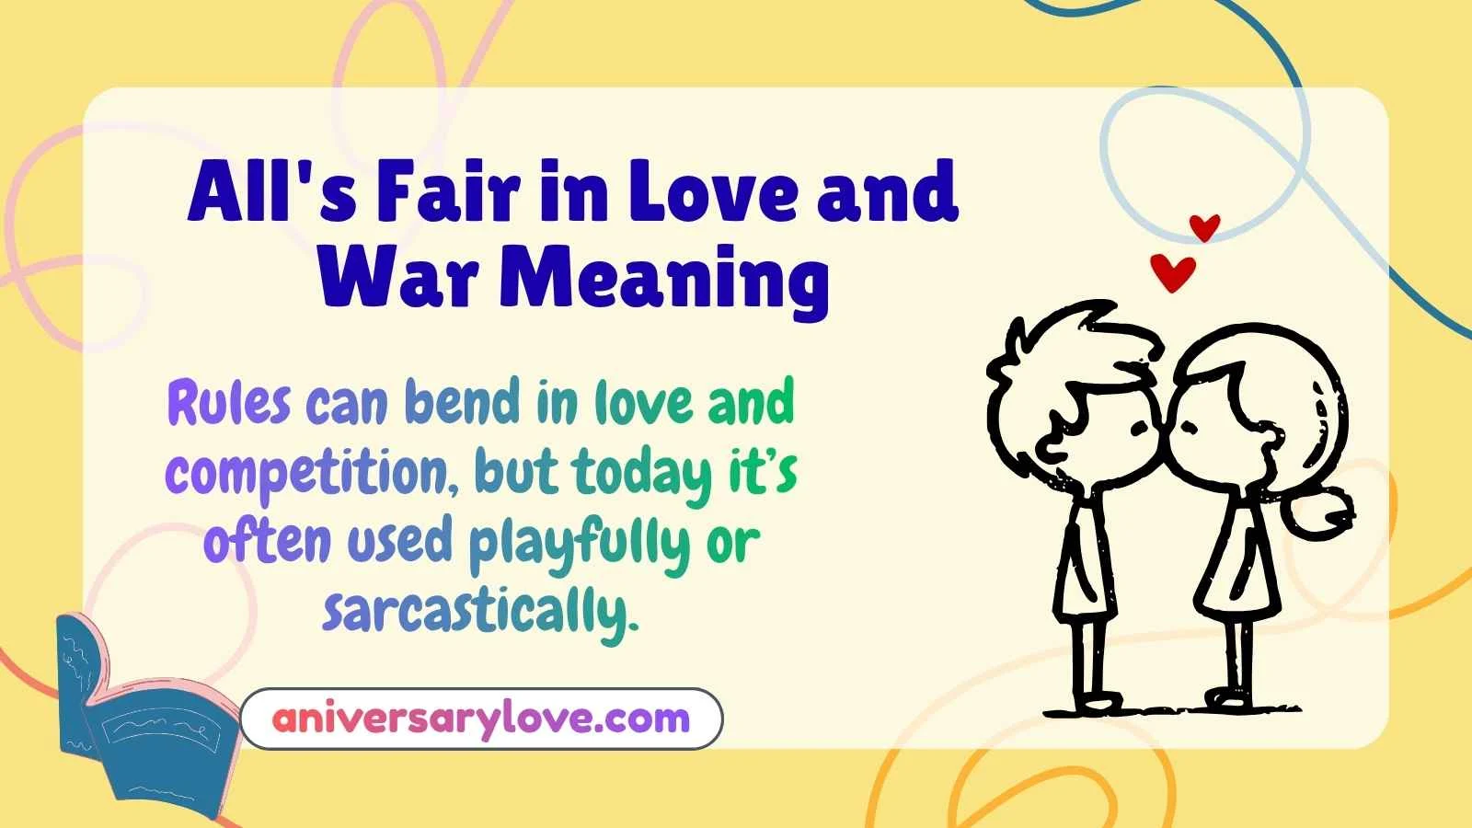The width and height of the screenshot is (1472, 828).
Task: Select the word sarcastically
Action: coord(480,611)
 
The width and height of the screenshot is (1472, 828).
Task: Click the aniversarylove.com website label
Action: coord(481,719)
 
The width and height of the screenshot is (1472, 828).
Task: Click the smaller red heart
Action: coord(1204,226)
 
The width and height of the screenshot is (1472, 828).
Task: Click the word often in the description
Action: coord(266,543)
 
